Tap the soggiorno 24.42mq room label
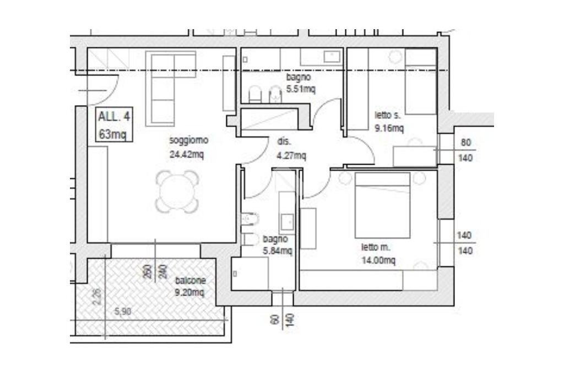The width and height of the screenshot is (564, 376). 188,147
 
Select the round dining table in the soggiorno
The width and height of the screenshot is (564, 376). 177,192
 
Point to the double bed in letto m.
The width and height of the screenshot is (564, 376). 382,205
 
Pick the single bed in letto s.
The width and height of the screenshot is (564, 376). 421,81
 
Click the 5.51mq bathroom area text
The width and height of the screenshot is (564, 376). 301,89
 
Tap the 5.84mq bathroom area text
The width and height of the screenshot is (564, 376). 278,250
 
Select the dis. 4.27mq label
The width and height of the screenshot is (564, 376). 291,149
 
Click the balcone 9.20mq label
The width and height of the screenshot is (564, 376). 190,286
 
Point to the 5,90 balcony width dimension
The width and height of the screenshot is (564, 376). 123,312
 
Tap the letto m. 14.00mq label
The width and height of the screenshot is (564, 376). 378,254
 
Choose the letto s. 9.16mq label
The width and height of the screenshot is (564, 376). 389,122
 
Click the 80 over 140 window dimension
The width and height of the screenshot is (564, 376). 466,150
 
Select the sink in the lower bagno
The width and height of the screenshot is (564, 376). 287,221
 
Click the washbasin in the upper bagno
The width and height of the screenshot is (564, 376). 332,57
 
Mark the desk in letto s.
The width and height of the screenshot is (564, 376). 415,156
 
